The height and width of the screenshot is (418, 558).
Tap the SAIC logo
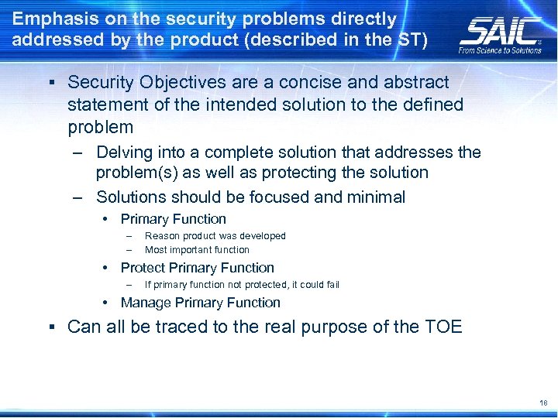501,31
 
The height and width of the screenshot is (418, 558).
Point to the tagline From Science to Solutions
501,50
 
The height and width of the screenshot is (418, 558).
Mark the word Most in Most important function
156,250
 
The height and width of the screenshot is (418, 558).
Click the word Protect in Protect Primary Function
143,268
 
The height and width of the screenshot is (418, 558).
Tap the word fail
331,285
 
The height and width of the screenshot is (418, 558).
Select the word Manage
146,303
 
